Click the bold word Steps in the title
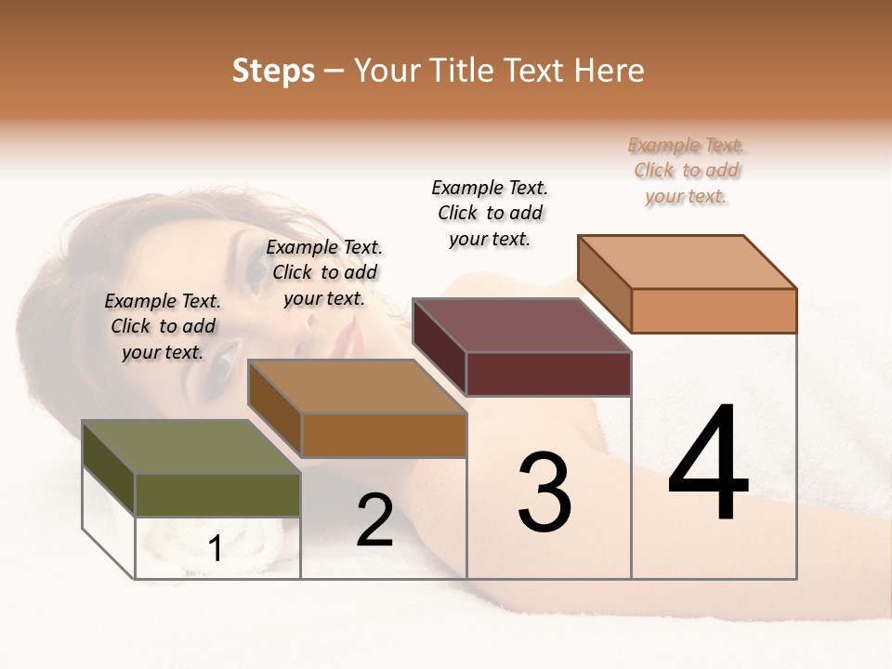pyautogui.click(x=273, y=71)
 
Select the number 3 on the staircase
pyautogui.click(x=544, y=492)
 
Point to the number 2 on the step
pyautogui.click(x=374, y=520)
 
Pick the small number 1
pyautogui.click(x=216, y=548)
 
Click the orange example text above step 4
pyautogui.click(x=687, y=171)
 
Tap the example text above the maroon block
pyautogui.click(x=490, y=213)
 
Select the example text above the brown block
pyautogui.click(x=324, y=273)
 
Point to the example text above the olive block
pyautogui.click(x=163, y=326)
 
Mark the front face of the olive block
pyautogui.click(x=217, y=494)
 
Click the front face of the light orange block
pyautogui.click(x=714, y=310)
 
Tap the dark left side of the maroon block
pyautogui.click(x=439, y=347)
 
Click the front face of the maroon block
pyautogui.click(x=548, y=374)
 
